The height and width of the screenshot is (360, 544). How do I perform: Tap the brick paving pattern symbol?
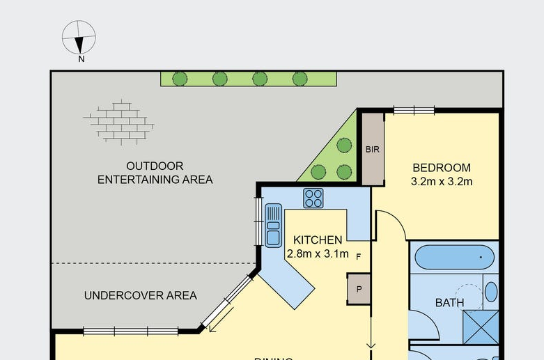click(119, 123)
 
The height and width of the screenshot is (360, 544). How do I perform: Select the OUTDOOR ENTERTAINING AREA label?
click(155, 173)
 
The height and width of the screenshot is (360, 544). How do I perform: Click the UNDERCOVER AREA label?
click(140, 295)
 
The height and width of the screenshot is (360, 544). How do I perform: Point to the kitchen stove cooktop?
click(313, 198)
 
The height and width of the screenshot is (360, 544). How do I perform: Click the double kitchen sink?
click(274, 225)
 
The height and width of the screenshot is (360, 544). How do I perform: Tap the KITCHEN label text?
click(318, 240)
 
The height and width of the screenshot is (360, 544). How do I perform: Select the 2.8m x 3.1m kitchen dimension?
click(318, 253)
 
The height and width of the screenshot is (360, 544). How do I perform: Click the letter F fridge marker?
click(359, 256)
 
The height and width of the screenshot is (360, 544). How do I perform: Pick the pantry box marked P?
click(359, 289)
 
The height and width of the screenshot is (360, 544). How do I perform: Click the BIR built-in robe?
click(372, 149)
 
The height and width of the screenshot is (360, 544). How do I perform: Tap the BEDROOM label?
click(442, 168)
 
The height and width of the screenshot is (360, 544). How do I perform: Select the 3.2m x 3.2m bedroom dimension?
click(442, 182)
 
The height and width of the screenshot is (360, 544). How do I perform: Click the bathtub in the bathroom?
click(455, 258)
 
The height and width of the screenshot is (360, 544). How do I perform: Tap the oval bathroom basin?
click(491, 291)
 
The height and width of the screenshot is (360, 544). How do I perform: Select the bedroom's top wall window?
click(414, 109)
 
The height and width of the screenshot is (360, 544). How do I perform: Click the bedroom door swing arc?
click(391, 223)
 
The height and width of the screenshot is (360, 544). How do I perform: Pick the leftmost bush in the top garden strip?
click(180, 78)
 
